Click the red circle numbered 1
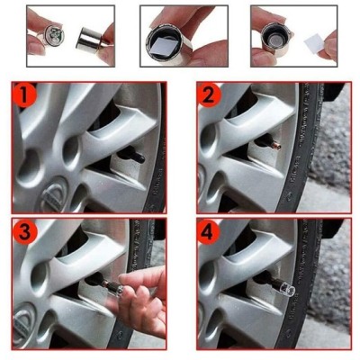pos(24,95)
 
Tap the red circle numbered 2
pos(209,95)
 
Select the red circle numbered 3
pos(25,231)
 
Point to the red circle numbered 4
pos(209,232)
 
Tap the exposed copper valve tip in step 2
pos(277,147)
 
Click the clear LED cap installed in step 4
pos(287,290)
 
